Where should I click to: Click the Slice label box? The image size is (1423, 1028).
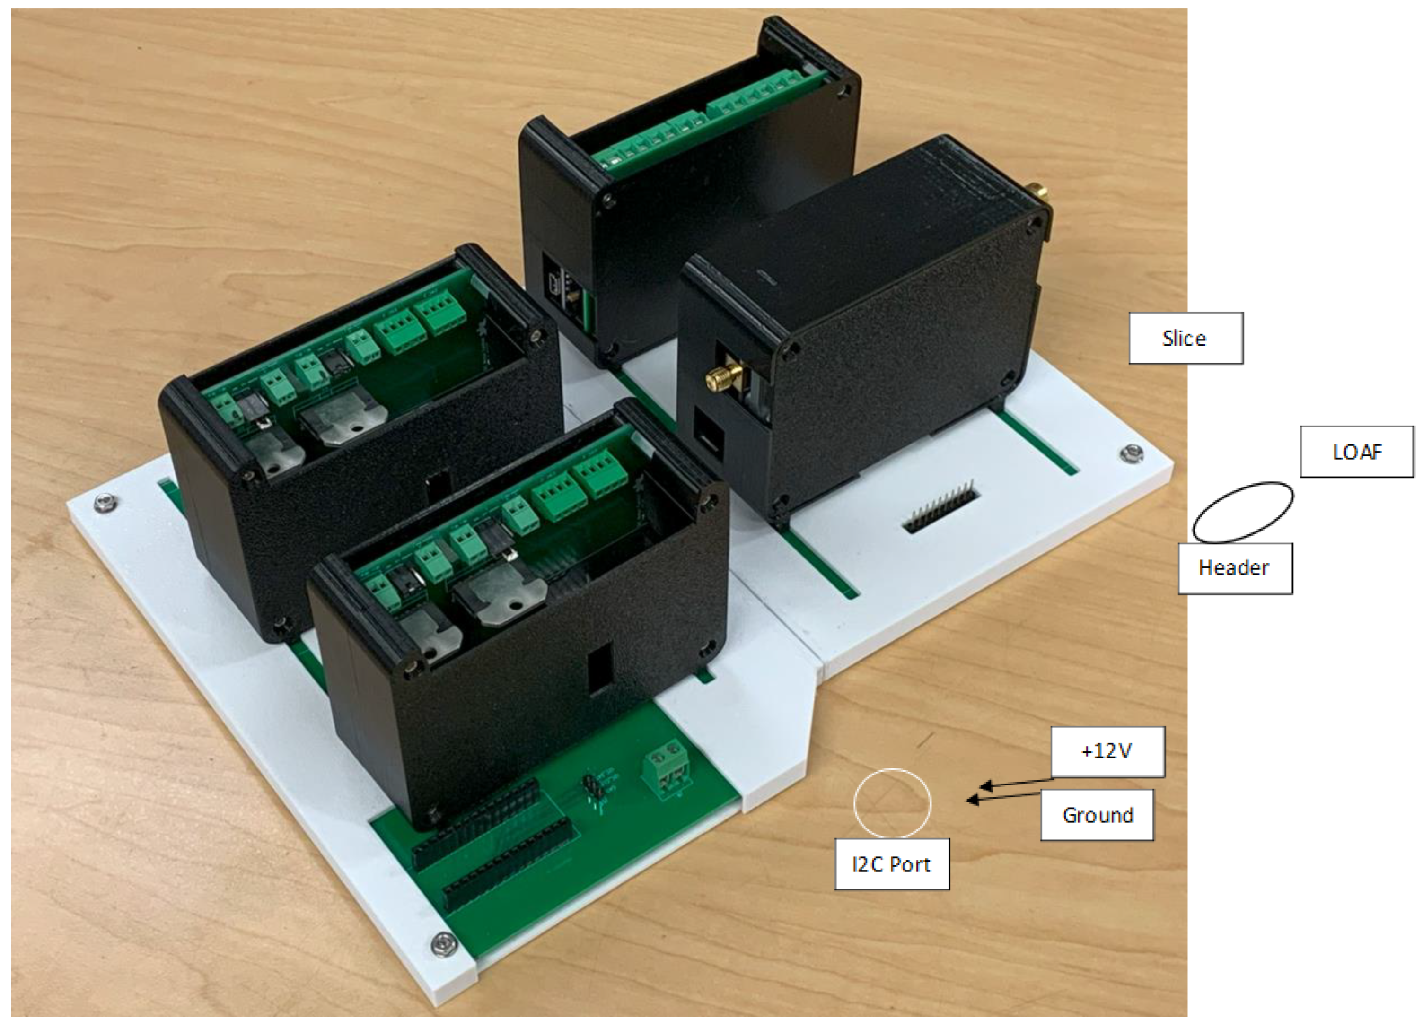tap(1185, 338)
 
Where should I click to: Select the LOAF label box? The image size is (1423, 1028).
tap(1356, 452)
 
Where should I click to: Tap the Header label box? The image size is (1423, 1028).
tap(1234, 567)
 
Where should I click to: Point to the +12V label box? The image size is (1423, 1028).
tap(1107, 751)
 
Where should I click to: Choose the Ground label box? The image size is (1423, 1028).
tap(1097, 815)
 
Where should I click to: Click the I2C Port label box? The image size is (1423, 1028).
tap(891, 864)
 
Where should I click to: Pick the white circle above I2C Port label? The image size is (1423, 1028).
tap(892, 803)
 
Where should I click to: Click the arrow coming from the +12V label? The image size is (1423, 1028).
tap(1017, 783)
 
